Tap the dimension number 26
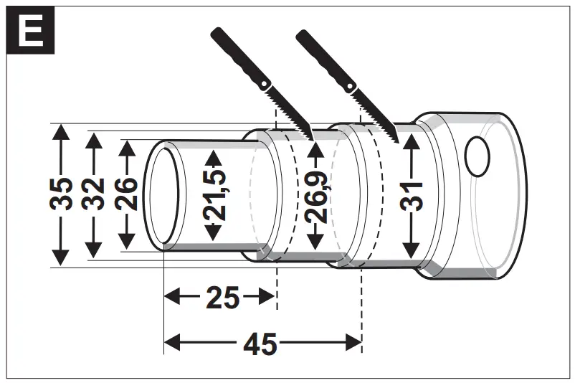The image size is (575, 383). coord(126,194)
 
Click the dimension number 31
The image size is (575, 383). coord(411,194)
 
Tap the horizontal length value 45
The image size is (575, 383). coord(260,344)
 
